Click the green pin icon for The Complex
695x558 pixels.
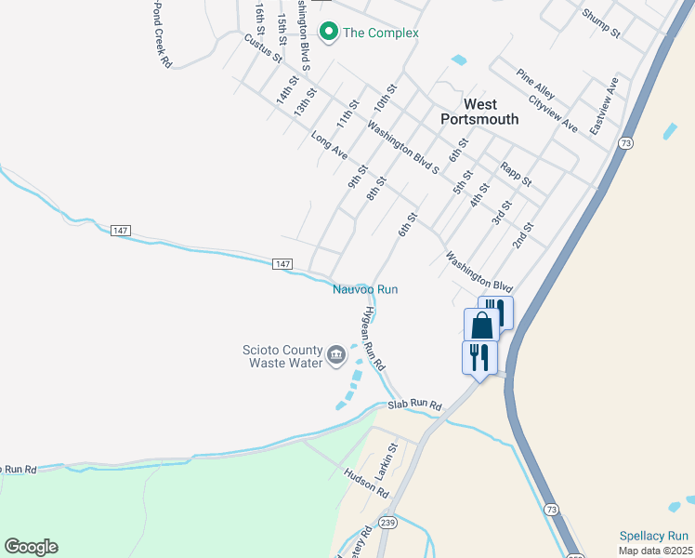click(328, 33)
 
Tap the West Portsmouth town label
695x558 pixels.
click(480, 112)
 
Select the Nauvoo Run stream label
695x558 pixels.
click(365, 289)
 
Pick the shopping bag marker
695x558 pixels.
click(481, 325)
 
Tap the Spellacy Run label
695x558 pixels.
click(654, 536)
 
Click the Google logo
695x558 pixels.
click(31, 547)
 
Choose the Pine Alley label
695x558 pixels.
click(536, 85)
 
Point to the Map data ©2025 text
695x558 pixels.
click(654, 551)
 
